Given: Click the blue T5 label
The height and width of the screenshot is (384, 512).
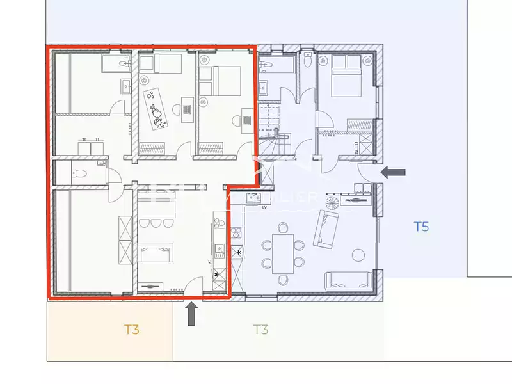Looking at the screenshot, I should click(420, 226).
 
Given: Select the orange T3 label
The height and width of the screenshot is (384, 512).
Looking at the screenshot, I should click(132, 330).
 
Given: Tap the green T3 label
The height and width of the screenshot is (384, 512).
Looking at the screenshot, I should click(260, 330).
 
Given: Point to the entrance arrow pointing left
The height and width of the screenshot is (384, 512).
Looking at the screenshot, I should click(393, 172).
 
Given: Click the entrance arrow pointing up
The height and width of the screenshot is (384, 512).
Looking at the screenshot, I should click(191, 314).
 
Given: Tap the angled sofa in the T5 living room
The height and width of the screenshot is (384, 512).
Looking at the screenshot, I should click(326, 229).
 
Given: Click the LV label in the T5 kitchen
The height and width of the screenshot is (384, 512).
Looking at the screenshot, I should click(264, 207).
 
